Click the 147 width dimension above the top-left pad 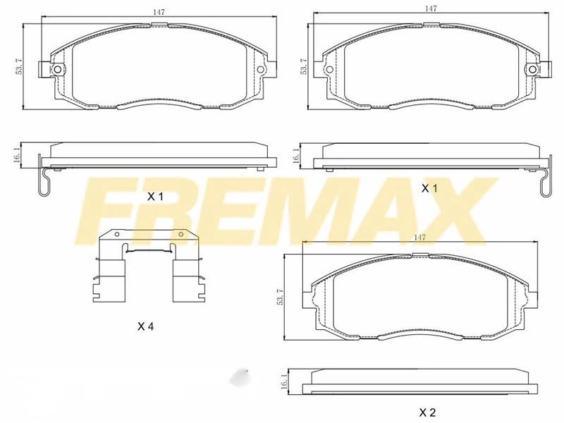pyautogui.click(x=159, y=12)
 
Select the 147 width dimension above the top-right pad pyautogui.click(x=431, y=8)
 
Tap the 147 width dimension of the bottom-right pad pyautogui.click(x=419, y=238)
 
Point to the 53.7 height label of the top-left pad pyautogui.click(x=19, y=66)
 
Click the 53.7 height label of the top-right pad pyautogui.click(x=304, y=66)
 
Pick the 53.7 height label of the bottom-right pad pyautogui.click(x=280, y=297)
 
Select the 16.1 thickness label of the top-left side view pyautogui.click(x=17, y=155)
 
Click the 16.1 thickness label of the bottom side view pyautogui.click(x=284, y=381)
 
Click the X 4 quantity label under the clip pyautogui.click(x=146, y=326)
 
